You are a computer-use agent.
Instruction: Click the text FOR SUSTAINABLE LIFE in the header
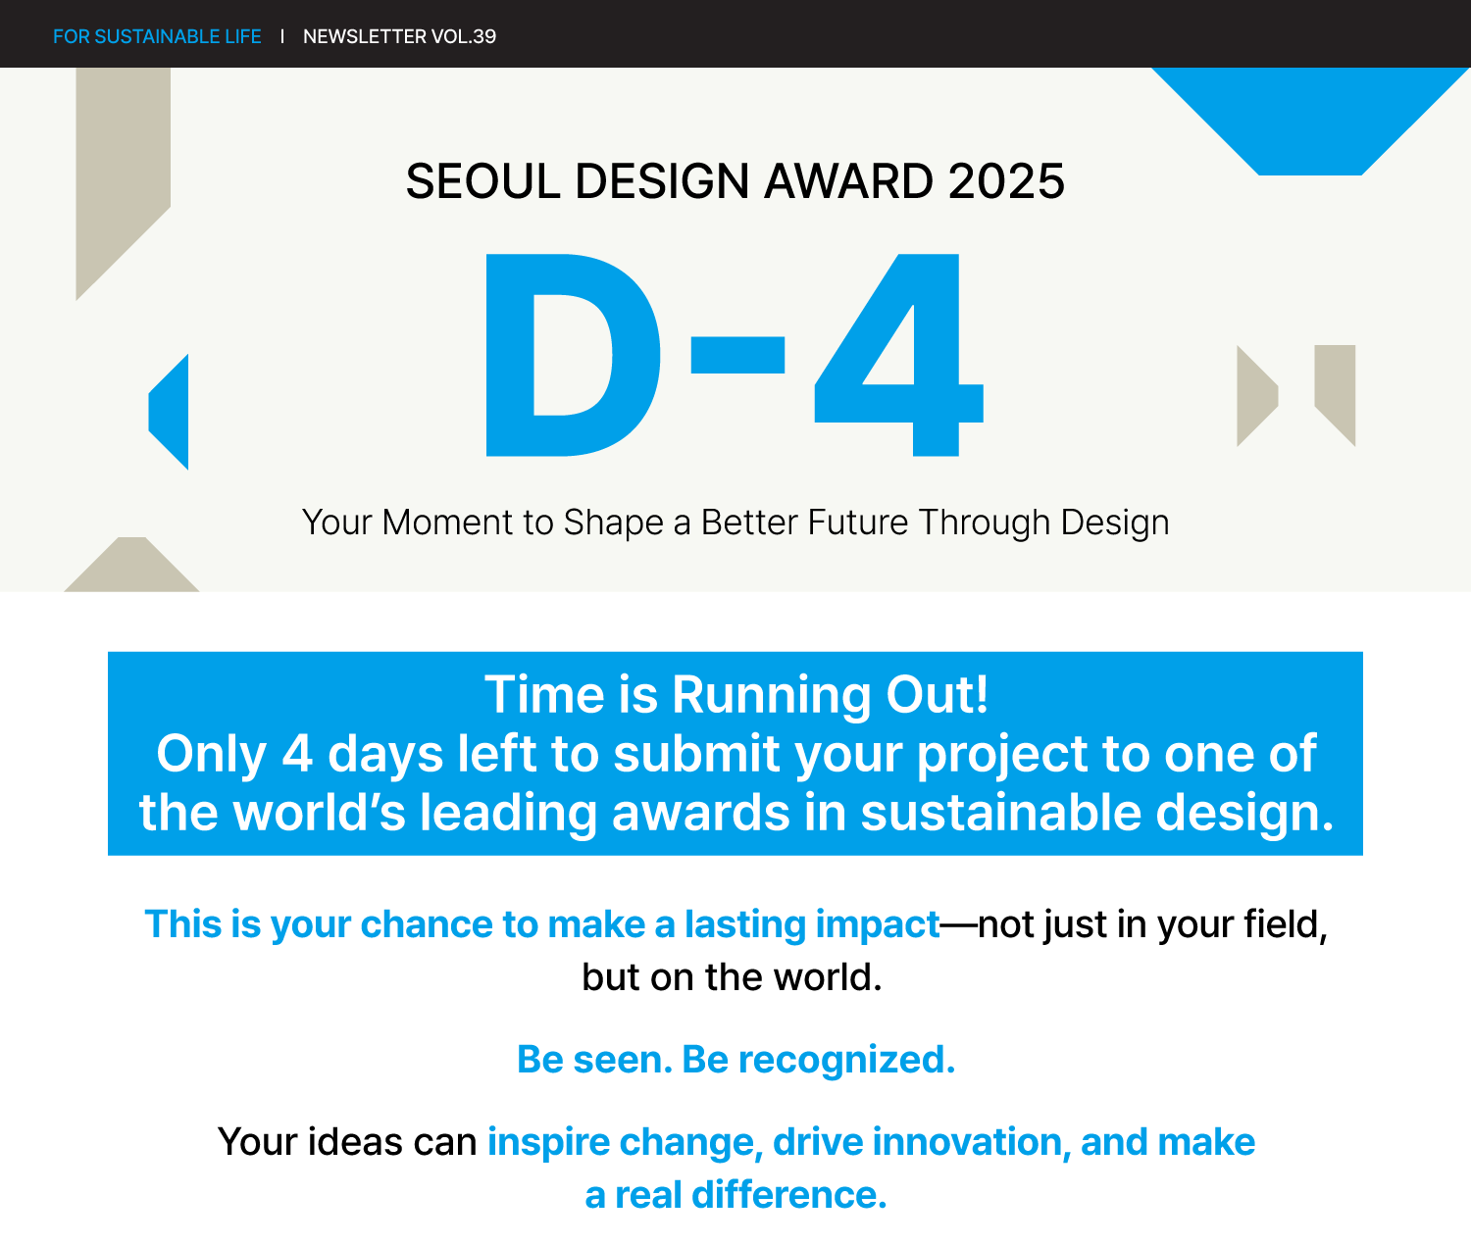(x=157, y=36)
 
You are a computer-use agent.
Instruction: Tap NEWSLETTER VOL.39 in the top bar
(x=399, y=36)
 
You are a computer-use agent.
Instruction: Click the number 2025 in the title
(x=1006, y=180)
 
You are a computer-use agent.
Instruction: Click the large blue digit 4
(x=899, y=354)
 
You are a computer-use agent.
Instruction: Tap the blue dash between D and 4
(x=737, y=354)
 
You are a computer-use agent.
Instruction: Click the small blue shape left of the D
(x=169, y=411)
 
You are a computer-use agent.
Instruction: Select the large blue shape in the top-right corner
(x=1310, y=121)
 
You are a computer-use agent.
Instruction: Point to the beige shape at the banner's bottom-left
(x=131, y=565)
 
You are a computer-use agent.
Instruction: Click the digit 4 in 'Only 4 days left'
(x=297, y=754)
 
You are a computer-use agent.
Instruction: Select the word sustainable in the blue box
(x=1000, y=813)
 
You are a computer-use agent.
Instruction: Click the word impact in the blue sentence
(x=878, y=925)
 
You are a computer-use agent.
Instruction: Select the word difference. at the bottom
(x=789, y=1195)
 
